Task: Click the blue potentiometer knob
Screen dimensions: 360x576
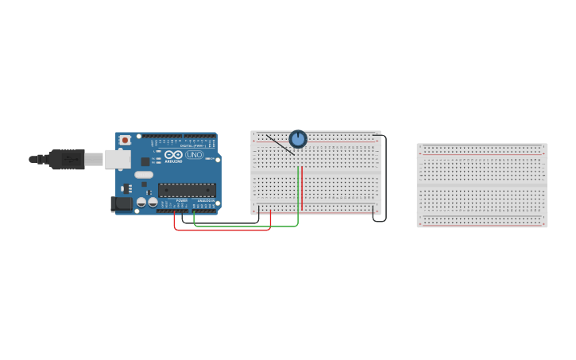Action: [298, 139]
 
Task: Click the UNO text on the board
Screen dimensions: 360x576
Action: [195, 155]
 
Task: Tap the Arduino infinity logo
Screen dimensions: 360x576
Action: [174, 154]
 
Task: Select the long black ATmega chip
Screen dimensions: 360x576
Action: [187, 190]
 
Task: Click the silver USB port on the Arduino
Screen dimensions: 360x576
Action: [118, 159]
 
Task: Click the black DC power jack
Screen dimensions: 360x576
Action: [122, 204]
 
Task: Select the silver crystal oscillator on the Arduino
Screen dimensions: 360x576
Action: [144, 175]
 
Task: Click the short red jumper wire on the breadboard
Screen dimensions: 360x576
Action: [302, 188]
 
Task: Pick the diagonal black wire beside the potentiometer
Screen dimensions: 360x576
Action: [279, 143]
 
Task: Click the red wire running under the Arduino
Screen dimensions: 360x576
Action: [222, 230]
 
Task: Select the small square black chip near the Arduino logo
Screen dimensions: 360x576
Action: [145, 161]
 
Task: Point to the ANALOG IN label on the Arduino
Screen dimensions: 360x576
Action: [205, 200]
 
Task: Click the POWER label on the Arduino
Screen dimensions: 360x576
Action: [182, 200]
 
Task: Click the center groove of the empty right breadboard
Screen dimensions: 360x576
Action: [482, 185]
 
